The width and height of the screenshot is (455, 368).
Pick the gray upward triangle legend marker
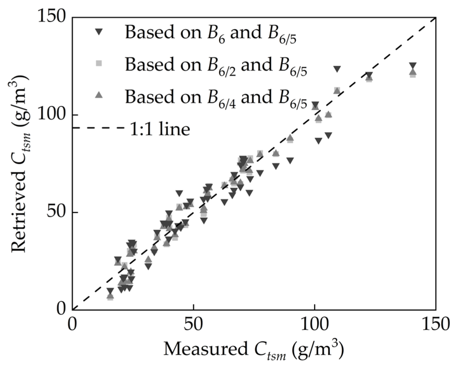99,95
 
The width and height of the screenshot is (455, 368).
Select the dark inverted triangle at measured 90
290,160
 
